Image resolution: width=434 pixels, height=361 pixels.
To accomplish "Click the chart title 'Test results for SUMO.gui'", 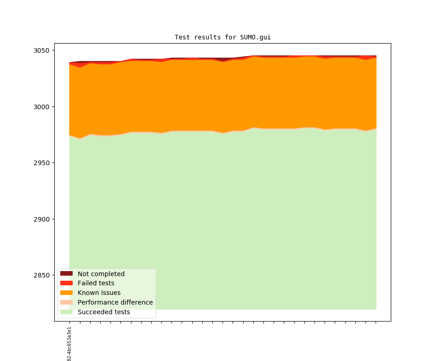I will click(x=223, y=37).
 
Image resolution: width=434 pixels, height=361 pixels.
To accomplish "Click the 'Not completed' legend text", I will click(x=101, y=274).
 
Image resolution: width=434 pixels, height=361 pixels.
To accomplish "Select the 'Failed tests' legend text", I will click(x=96, y=283).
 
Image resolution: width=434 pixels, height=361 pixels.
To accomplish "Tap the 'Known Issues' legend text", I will click(x=99, y=293).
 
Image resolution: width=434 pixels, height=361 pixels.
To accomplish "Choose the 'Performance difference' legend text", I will click(x=115, y=302).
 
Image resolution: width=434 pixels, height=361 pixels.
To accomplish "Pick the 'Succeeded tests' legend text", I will click(x=103, y=312).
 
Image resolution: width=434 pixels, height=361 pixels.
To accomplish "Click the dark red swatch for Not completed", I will click(x=66, y=274).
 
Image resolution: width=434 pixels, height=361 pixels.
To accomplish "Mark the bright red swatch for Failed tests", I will click(x=66, y=283).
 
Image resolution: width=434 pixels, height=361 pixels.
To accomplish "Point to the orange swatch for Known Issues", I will click(x=66, y=293).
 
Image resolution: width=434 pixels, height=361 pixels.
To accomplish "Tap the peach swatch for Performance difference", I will click(x=66, y=302).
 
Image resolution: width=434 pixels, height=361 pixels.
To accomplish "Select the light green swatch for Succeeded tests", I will click(x=66, y=312).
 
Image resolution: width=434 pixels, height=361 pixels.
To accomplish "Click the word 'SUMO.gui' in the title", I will click(x=255, y=37).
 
